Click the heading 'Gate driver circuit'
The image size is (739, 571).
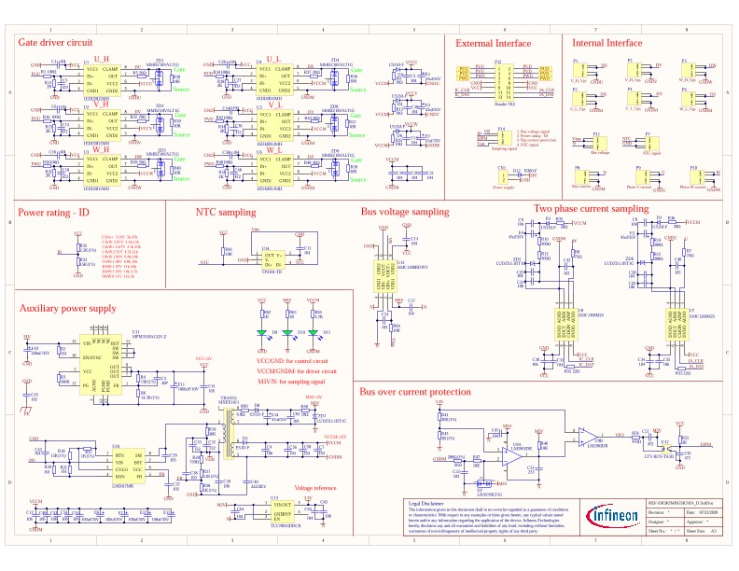(55, 43)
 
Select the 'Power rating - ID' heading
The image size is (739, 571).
(54, 214)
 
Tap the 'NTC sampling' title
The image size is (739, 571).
(225, 213)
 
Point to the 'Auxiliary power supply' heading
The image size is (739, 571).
(68, 307)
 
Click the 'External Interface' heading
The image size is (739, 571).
(493, 43)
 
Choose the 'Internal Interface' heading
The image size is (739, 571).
(607, 43)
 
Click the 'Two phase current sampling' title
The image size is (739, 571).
(591, 208)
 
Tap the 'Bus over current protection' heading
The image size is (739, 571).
(415, 392)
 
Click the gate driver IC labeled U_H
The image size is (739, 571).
(98, 77)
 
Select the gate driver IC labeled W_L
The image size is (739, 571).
(272, 168)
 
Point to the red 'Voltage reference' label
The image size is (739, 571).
(315, 488)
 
